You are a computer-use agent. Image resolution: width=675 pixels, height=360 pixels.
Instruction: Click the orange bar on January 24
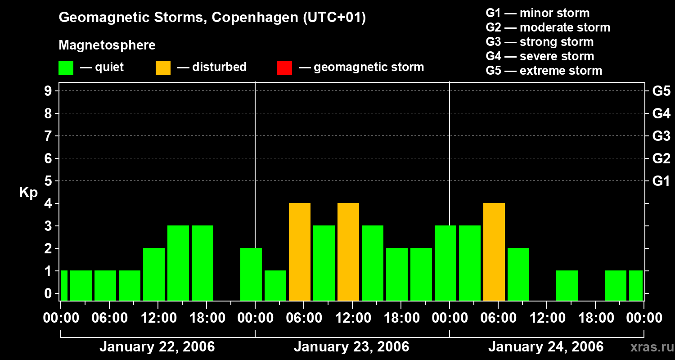494,252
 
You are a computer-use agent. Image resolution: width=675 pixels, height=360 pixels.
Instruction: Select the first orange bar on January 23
299,252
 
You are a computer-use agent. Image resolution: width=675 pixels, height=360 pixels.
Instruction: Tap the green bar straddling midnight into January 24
445,263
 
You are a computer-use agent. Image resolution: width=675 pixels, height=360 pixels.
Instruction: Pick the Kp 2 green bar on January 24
518,274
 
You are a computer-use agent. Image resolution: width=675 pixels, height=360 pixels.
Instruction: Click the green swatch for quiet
66,68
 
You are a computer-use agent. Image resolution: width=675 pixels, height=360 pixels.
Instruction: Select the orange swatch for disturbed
163,68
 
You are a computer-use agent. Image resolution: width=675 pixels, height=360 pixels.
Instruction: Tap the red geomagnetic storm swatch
284,68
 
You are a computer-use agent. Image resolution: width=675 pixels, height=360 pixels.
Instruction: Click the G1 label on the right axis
661,181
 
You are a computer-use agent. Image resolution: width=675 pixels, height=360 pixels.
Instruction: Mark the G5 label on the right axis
661,91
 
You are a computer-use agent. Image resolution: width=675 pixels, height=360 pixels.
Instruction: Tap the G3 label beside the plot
661,136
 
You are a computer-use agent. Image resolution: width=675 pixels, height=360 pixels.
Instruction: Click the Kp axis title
28,193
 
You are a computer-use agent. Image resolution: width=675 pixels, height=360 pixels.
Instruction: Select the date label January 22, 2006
157,347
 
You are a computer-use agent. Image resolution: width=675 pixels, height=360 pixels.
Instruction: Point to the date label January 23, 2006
351,347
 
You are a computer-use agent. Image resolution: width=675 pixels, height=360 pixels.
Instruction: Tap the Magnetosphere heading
107,45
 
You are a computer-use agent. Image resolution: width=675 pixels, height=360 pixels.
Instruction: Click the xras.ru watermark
652,347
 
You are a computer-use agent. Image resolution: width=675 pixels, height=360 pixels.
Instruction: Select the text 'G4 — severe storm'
540,56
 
